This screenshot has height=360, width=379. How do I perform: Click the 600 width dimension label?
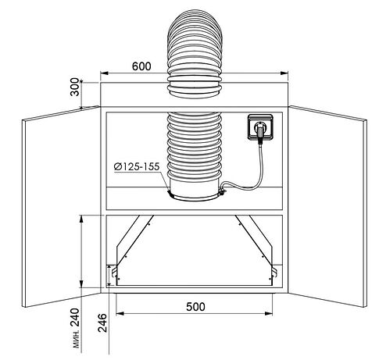coord(141,66)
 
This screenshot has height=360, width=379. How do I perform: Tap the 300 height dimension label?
coord(75,87)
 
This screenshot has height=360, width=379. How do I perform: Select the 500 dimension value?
coord(195,307)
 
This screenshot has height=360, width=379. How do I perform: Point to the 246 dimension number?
coord(102,323)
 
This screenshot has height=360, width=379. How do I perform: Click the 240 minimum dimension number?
coord(75,317)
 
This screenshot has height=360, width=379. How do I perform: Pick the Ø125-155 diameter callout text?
coord(137,166)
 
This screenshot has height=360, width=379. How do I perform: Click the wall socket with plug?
coord(260,127)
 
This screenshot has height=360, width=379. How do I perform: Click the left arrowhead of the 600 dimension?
coord(104,73)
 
